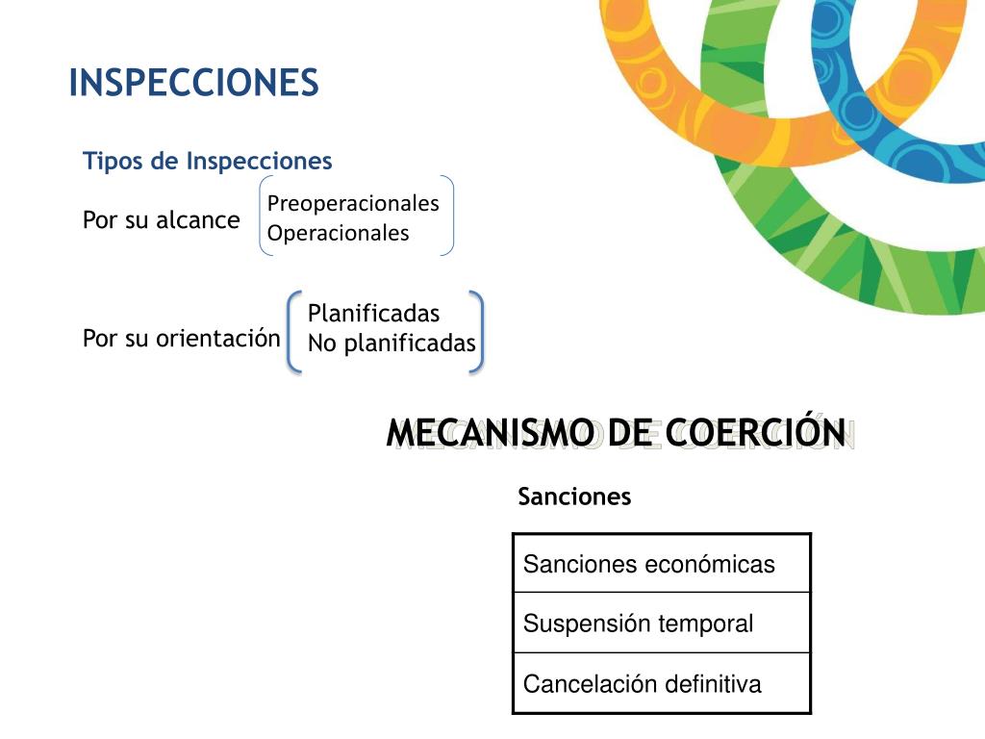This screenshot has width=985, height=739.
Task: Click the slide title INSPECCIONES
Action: point(193,84)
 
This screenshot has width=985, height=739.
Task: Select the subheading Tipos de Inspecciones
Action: point(208,161)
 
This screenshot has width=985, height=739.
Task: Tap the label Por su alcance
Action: point(162,220)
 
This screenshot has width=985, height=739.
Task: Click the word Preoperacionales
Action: point(353,204)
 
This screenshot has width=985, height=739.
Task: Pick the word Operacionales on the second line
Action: point(338,233)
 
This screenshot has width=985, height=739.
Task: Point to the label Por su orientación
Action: point(181,339)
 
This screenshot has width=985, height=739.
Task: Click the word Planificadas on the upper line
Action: point(373,314)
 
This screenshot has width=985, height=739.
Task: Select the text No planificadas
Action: point(391,344)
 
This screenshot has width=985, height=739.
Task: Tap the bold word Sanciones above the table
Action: point(574,497)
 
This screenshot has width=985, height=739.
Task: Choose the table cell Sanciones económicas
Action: point(649,564)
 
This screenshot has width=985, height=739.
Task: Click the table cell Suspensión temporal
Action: point(639,624)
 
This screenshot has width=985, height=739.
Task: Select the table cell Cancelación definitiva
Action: point(643,684)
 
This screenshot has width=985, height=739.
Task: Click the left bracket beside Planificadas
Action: point(294,332)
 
